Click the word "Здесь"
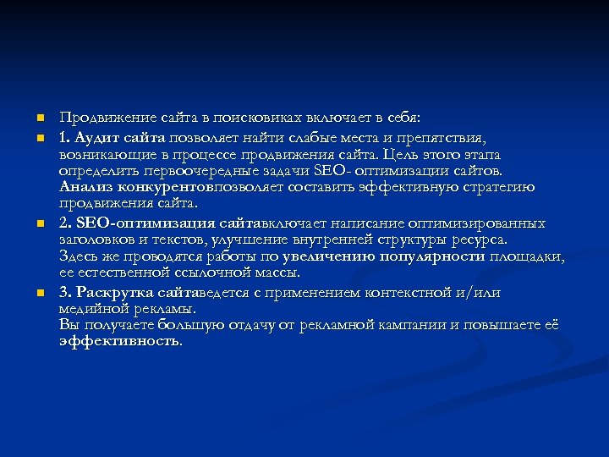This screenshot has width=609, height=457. [x=78, y=256]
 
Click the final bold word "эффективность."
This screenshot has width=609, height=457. [x=120, y=341]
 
